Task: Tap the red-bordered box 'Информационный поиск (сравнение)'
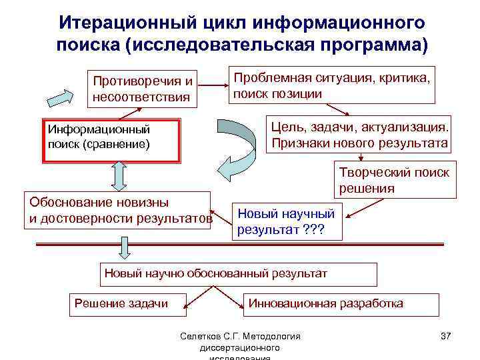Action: tap(111, 141)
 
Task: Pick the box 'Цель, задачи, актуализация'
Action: tap(359, 134)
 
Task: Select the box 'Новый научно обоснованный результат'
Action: tap(238, 274)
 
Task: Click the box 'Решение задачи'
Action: tap(121, 303)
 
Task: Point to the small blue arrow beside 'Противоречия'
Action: tap(63, 95)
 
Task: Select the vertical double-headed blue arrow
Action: tap(118, 176)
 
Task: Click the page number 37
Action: tap(446, 336)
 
